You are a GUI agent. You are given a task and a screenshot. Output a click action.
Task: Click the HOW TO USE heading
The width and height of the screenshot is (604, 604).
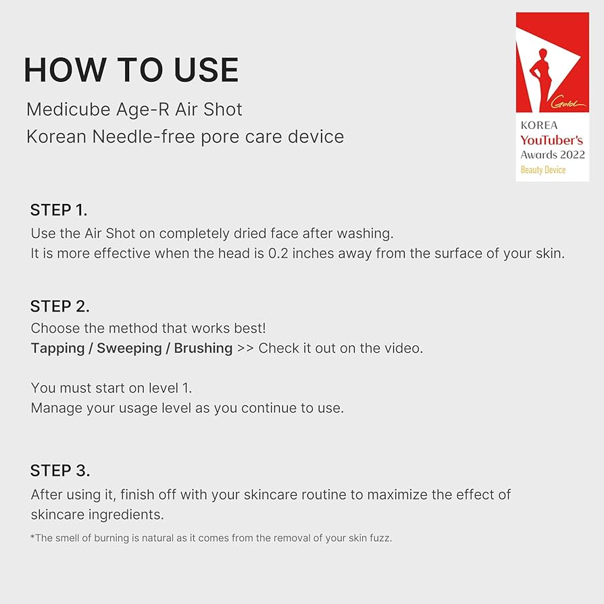131,70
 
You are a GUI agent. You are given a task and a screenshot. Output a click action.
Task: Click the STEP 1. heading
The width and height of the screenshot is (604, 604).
59,209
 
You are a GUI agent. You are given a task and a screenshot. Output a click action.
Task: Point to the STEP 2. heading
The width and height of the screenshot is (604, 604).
59,306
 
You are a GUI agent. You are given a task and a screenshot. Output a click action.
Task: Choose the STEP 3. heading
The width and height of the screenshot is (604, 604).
60,470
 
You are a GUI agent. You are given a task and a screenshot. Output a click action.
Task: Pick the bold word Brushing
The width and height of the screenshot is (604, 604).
203,349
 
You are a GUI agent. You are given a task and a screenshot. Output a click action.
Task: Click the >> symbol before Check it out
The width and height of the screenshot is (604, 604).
246,349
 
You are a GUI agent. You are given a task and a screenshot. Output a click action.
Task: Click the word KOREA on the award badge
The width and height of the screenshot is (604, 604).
538,126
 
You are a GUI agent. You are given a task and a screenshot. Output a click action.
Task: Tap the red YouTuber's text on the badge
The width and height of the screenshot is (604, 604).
551,140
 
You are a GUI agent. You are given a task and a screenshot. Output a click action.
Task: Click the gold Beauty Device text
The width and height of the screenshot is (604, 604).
543,170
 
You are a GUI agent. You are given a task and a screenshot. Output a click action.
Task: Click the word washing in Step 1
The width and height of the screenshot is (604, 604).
368,233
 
